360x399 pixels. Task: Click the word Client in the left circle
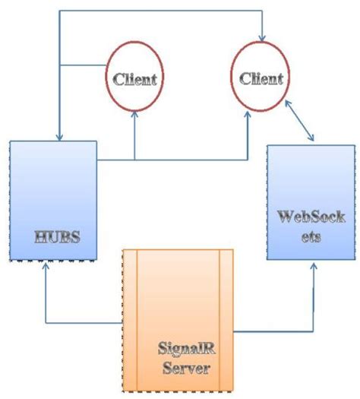pos(134,78)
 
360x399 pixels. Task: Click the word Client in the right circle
pos(261,78)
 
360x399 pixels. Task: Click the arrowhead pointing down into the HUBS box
pos(58,135)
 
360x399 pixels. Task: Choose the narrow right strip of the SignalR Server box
pos(226,319)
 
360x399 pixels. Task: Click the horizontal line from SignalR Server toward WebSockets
pos(273,331)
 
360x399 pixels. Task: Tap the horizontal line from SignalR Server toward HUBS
pos(84,323)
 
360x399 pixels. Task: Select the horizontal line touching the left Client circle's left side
pos(84,64)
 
